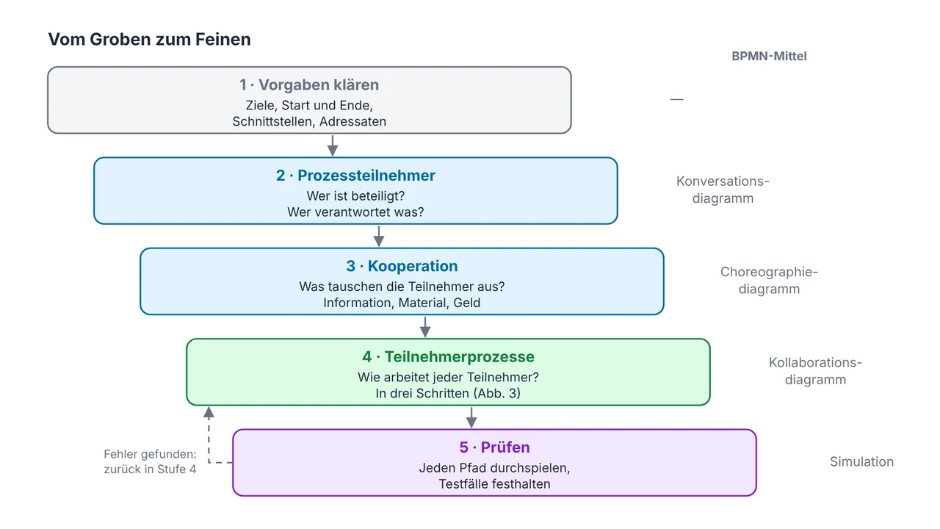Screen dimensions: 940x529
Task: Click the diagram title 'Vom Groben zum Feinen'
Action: [x=149, y=40]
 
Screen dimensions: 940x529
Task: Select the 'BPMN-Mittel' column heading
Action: [x=769, y=57]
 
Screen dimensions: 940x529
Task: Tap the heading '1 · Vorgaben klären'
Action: [x=309, y=84]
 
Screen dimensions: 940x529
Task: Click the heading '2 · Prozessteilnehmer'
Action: [x=355, y=176]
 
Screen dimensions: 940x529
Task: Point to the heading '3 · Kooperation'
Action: [x=402, y=266]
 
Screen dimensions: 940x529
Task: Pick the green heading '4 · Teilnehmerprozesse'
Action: [x=448, y=357]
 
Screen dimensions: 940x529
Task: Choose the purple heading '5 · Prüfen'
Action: [x=494, y=447]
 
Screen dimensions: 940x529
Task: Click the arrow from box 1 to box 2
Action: [x=333, y=145]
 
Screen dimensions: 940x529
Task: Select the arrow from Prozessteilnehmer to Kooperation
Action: [x=379, y=236]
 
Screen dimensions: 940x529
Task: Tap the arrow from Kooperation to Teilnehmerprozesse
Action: [x=425, y=327]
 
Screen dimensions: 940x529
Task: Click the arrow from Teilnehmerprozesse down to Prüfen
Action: [x=471, y=417]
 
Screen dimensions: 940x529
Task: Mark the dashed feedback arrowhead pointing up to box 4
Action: [x=209, y=412]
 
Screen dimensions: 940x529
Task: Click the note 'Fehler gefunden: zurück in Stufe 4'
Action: [x=150, y=461]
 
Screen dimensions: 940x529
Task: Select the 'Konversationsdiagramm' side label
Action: [x=723, y=190]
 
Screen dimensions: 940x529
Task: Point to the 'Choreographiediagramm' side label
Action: [x=769, y=281]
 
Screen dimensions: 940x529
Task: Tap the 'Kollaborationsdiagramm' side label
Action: [x=815, y=371]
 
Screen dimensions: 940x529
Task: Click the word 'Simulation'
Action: [x=861, y=462]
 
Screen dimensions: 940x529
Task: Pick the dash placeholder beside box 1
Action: [x=676, y=99]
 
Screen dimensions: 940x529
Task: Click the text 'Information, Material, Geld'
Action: [x=402, y=303]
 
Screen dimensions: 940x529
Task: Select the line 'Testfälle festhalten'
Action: [x=494, y=484]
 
